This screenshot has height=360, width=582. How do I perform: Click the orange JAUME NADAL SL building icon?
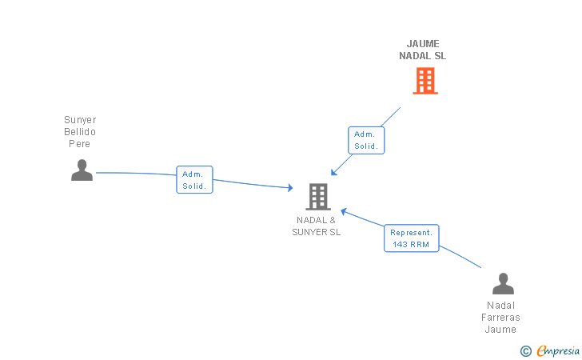tap(425, 81)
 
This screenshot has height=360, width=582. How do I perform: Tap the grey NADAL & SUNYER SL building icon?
tap(318, 197)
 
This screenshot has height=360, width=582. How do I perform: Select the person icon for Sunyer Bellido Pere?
tap(82, 170)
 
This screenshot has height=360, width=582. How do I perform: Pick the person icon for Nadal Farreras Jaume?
tap(503, 283)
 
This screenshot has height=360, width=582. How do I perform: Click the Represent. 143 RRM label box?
tap(411, 238)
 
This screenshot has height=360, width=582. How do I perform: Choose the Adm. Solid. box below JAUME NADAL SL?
tap(366, 140)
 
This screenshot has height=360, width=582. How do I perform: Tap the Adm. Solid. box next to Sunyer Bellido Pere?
tap(194, 180)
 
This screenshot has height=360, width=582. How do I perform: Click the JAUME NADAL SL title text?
tap(423, 50)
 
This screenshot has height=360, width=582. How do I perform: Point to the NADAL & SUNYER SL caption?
tap(317, 226)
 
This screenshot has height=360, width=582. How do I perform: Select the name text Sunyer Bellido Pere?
tap(80, 131)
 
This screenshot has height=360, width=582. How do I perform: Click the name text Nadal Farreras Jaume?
tap(500, 318)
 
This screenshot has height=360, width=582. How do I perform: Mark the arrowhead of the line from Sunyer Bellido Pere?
tap(290, 188)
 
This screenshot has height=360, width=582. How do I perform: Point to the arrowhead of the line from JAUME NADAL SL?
tap(333, 172)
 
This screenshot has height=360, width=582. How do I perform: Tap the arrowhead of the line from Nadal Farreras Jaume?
tap(344, 212)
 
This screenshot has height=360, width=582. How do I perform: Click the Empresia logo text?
tap(558, 350)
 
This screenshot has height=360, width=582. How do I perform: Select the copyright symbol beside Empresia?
tap(525, 351)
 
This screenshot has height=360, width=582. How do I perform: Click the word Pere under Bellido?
tap(79, 144)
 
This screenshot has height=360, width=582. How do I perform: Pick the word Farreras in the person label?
tap(500, 318)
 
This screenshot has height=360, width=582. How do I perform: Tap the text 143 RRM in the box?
tap(411, 245)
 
